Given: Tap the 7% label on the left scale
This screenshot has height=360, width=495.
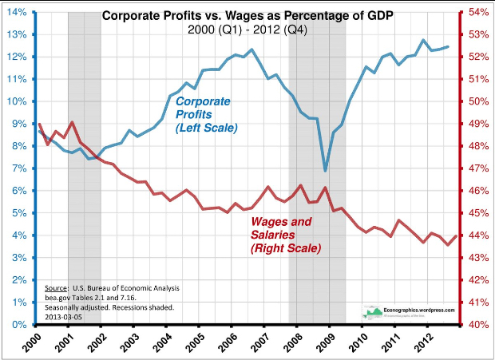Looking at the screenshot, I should click(x=18, y=169).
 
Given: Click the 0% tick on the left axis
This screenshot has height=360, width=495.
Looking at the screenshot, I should click(x=18, y=325).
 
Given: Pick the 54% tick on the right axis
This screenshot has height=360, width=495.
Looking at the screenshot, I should click(x=477, y=13).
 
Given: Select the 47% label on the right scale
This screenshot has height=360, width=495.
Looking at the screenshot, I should click(x=477, y=169).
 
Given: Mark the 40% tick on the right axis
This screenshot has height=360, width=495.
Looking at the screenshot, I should click(x=477, y=325).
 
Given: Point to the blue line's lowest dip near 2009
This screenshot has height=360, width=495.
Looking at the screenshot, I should click(x=325, y=170).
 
